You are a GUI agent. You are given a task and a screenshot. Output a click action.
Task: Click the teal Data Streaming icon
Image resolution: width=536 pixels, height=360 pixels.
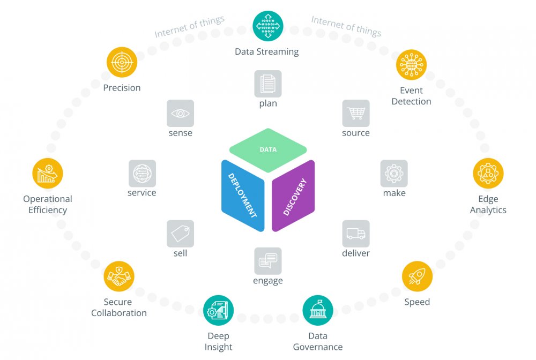(267, 26)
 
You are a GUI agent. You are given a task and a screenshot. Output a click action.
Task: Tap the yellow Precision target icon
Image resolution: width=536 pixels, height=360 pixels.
(122, 62)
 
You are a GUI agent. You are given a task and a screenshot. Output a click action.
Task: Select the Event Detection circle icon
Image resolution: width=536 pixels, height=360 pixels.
(411, 65)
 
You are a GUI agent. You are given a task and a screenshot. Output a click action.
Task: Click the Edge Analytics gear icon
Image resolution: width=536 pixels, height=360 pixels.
(488, 173)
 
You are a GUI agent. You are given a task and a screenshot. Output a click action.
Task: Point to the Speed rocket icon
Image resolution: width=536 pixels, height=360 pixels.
(417, 276)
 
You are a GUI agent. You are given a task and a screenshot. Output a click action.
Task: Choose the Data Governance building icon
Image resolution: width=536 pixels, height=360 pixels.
(317, 310)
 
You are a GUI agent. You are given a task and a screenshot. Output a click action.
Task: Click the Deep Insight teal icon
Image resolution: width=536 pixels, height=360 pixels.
(218, 310)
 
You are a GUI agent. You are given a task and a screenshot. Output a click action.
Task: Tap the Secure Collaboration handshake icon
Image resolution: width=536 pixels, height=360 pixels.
(118, 276)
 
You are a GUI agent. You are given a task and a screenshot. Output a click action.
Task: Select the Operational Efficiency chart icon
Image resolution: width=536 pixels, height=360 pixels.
(48, 173)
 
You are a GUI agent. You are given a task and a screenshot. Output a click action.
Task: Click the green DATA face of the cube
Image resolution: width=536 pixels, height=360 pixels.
(268, 150)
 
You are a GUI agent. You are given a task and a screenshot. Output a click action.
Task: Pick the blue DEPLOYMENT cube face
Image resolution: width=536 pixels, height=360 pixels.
(243, 196)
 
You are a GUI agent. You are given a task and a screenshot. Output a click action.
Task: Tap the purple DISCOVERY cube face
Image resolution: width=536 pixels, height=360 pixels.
(293, 196)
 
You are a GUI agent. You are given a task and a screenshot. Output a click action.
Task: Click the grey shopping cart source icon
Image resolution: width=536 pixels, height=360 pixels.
(355, 113)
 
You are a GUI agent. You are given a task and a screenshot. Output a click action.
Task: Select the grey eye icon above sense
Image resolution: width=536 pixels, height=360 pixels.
(180, 113)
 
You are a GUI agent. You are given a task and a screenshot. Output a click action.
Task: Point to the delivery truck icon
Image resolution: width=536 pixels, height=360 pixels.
(355, 234)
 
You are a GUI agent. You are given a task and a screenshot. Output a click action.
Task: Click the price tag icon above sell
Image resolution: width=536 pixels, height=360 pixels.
(180, 234)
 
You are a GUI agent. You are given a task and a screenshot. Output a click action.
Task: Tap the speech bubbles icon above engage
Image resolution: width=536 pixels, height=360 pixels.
(268, 261)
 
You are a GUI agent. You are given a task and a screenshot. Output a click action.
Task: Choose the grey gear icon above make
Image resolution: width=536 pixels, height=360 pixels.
(394, 174)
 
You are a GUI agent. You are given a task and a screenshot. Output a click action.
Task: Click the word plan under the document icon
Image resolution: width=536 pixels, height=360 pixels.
(268, 103)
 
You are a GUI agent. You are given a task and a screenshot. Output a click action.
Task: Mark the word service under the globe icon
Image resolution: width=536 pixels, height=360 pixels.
(142, 193)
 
